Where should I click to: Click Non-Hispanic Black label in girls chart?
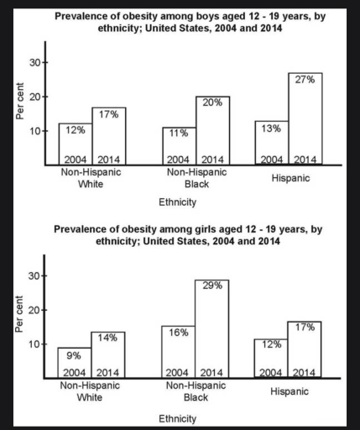[196, 391]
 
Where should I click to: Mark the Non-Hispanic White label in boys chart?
[90, 178]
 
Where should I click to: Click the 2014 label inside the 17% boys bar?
[109, 159]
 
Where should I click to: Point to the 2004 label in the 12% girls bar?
[272, 372]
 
